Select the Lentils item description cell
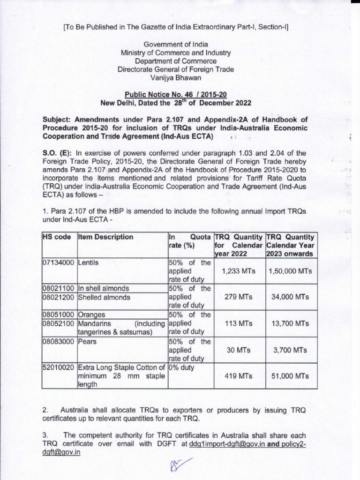[x=89, y=262]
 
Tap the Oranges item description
[x=92, y=315]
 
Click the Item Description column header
[x=105, y=237]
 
